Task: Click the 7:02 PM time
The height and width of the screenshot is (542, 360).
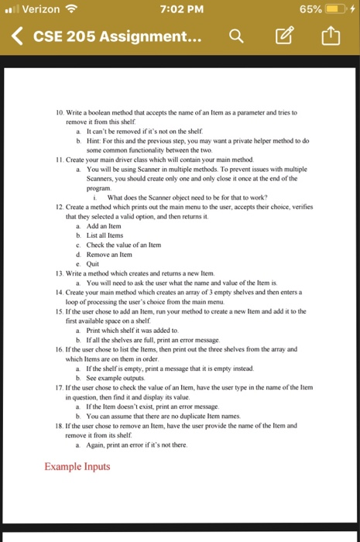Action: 180,9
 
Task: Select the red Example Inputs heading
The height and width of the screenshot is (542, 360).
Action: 77,466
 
